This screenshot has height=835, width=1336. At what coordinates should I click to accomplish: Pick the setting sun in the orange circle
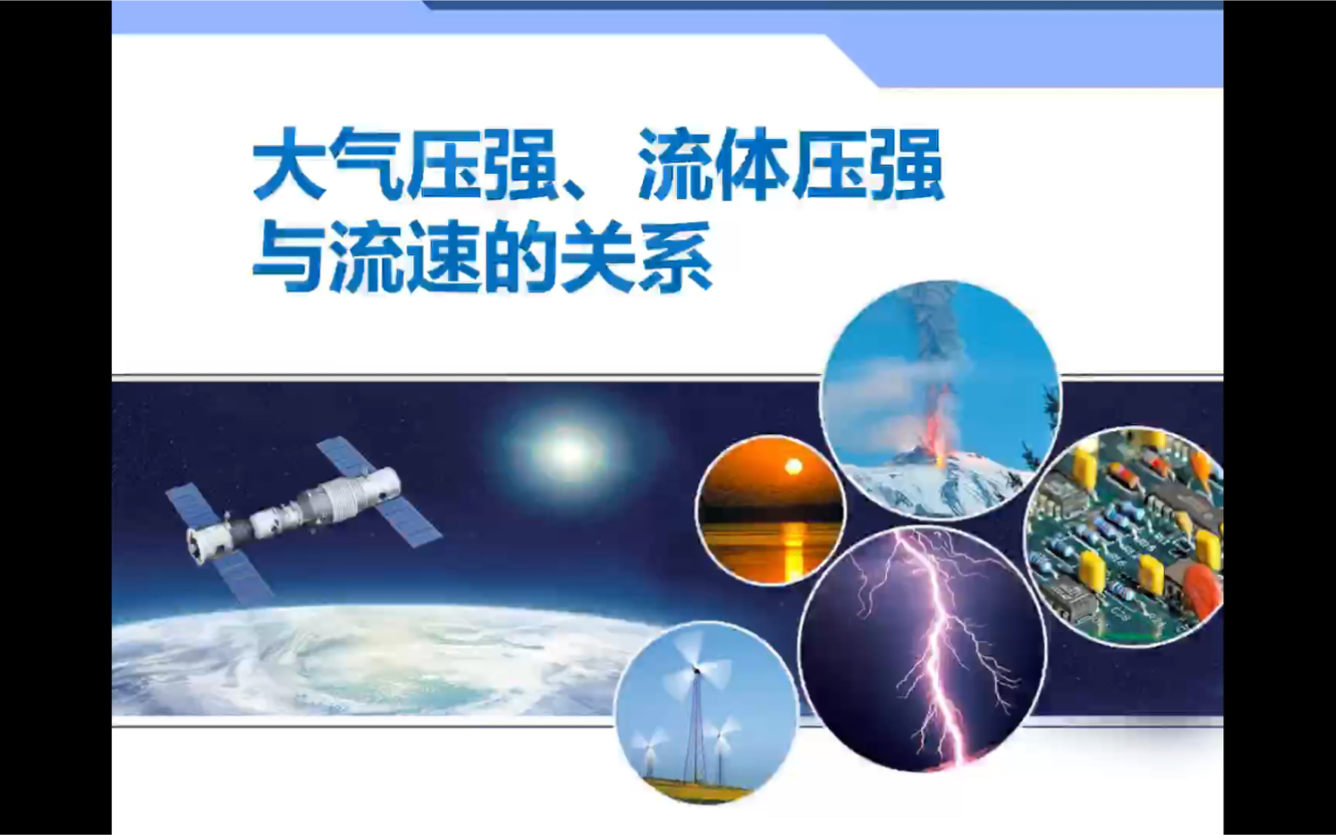(793, 467)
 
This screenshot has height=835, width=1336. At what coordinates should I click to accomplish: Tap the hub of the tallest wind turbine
(696, 671)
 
